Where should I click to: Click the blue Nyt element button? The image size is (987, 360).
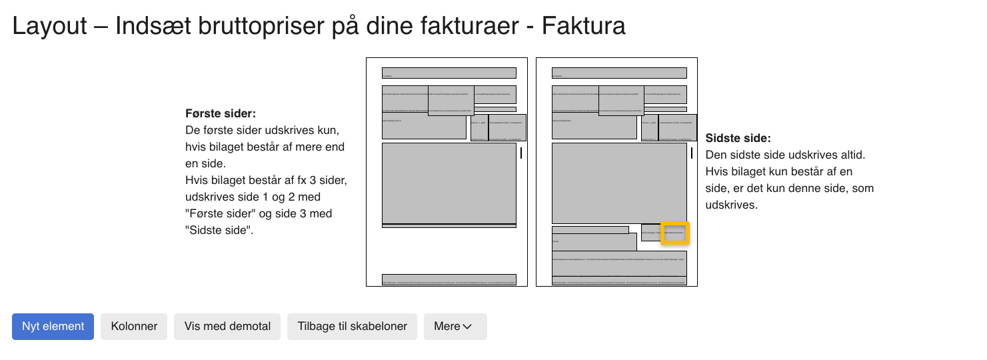(53, 327)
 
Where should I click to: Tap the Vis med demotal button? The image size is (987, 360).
(227, 327)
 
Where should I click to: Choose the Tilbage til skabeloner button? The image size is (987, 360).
(352, 327)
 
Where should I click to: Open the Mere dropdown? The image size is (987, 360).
(455, 327)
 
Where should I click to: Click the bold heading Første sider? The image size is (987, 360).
(221, 114)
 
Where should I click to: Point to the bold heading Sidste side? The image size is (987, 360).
(738, 139)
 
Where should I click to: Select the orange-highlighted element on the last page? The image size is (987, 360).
(675, 233)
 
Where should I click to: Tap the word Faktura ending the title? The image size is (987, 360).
(583, 27)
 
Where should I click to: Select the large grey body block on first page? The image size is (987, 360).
(449, 183)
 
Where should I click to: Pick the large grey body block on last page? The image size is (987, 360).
(619, 183)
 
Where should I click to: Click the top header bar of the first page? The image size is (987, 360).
(449, 73)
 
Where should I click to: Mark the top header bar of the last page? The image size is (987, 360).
(619, 73)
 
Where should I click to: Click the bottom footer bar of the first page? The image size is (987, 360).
(449, 279)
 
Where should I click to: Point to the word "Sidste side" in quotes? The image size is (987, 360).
(219, 231)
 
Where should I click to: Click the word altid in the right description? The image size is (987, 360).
(852, 155)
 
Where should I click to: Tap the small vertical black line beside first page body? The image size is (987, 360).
(521, 153)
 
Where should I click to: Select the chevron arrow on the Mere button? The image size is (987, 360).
(467, 327)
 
